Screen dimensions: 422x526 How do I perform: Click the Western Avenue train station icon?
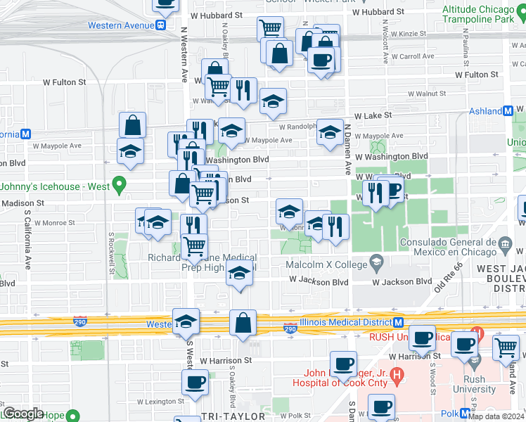(161, 25)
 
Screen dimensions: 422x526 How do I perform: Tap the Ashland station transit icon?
(508, 111)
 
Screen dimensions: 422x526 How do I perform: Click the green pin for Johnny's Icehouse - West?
(119, 186)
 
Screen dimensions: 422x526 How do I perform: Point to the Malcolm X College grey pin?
(376, 264)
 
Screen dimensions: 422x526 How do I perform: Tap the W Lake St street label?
(373, 115)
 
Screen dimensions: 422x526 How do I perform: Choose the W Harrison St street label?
(226, 361)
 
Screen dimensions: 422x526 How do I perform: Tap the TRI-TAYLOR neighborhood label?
(233, 416)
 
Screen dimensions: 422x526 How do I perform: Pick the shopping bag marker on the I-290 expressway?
(243, 323)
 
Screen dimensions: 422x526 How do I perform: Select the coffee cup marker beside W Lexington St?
(195, 383)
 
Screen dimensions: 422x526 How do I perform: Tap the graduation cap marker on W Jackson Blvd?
(240, 274)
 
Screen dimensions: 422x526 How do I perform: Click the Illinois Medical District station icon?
(398, 323)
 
